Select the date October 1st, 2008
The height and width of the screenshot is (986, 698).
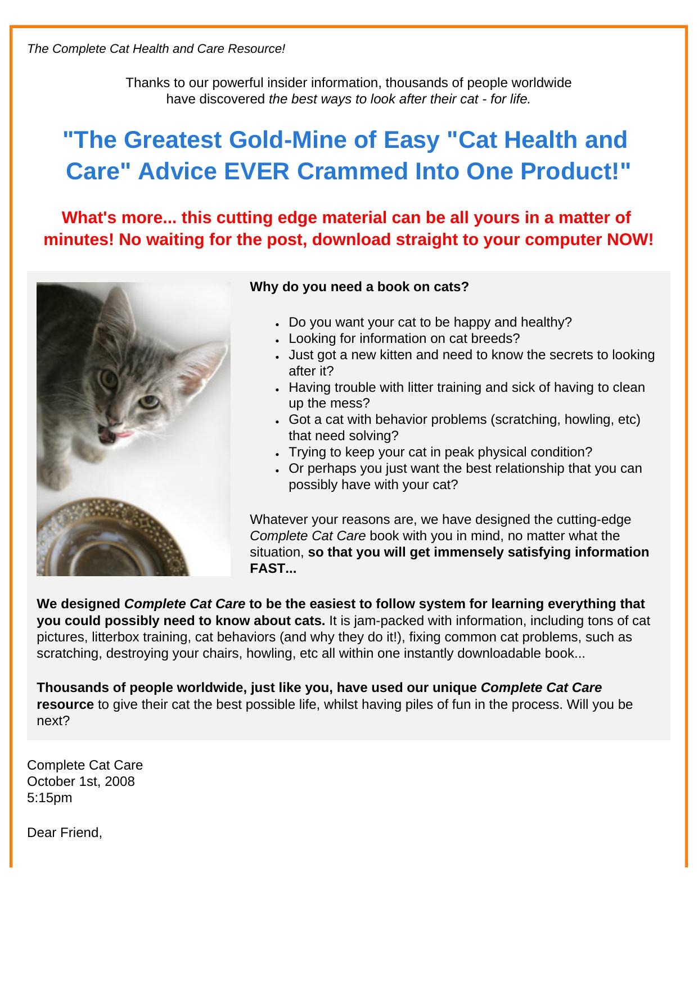81,781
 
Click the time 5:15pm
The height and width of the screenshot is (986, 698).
49,798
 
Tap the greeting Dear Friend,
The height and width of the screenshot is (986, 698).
65,833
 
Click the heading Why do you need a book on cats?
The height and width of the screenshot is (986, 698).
359,287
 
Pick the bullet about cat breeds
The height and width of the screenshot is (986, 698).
404,338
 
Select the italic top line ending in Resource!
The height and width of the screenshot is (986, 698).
156,49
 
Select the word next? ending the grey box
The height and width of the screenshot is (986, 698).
53,721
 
